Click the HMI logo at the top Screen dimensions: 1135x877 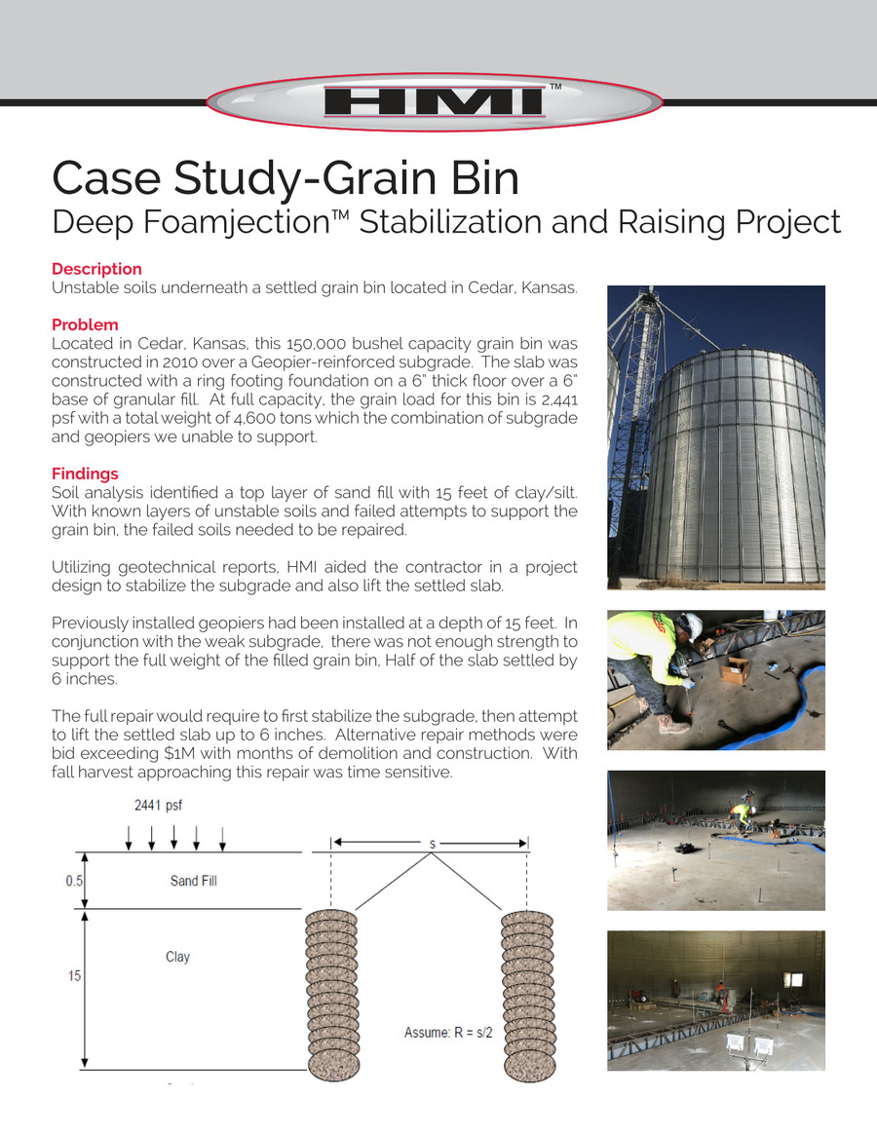point(436,102)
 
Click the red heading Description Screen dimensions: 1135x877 point(96,269)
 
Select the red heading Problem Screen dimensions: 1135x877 point(85,324)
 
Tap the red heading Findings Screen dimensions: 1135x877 point(85,473)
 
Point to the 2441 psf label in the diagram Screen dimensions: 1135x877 point(157,806)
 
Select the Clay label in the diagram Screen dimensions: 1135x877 point(177,957)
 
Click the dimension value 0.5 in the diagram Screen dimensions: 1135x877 point(73,881)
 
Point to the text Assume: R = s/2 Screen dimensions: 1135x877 point(448,1032)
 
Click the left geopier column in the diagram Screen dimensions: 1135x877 point(331,994)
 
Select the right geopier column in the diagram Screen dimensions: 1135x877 point(526,994)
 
